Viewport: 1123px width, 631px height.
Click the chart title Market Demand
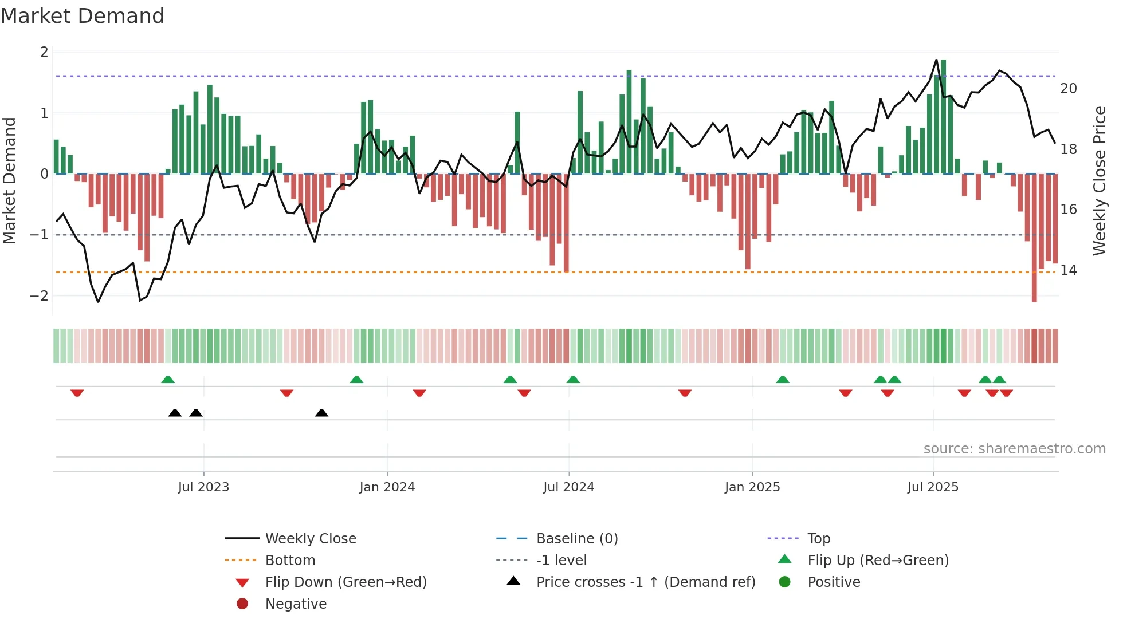pos(83,16)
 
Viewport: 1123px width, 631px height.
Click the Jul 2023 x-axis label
pos(203,487)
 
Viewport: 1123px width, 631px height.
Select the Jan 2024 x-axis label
pos(387,487)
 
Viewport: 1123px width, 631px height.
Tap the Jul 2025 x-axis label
pos(933,487)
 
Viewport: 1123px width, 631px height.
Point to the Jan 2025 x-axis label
pos(752,487)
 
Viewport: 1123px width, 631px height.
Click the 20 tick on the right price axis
pos(1069,89)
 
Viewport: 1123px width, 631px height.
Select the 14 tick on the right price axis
pos(1069,270)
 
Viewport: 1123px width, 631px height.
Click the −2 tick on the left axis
pos(40,296)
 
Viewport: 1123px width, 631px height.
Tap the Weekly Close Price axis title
pos(1100,180)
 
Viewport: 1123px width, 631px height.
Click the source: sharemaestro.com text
pos(1014,449)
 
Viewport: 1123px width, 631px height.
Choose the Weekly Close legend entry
pos(310,539)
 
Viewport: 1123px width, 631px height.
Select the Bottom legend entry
pos(290,561)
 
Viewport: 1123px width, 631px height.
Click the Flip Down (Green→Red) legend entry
pos(345,582)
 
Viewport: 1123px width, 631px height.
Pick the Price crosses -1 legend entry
pos(645,582)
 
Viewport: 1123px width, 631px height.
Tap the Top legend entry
pos(819,539)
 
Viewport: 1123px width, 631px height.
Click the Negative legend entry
pos(296,604)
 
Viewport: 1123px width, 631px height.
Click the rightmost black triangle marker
pos(321,413)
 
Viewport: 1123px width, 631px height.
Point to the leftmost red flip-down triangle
pos(77,393)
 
